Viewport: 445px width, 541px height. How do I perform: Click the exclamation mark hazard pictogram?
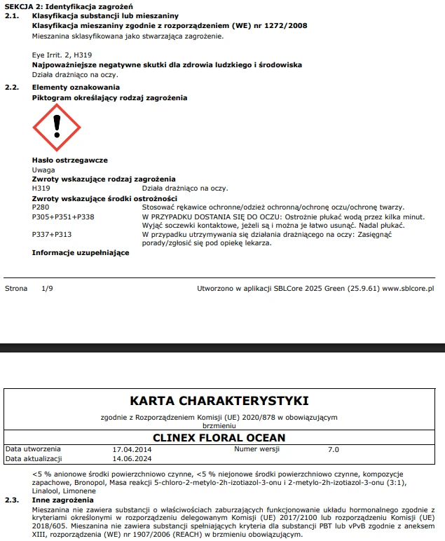57,128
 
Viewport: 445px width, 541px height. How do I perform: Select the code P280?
41,207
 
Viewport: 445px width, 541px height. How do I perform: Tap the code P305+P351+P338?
63,217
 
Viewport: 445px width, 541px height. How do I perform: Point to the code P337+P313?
52,235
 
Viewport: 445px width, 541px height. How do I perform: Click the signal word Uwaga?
43,170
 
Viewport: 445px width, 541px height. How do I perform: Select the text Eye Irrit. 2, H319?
62,54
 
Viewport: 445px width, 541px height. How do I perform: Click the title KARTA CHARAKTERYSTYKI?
219,401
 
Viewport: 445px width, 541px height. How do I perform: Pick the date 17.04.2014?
132,448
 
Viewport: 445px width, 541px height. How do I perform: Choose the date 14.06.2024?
132,459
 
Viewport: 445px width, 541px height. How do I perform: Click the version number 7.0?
334,448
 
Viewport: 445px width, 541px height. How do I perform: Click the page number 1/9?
47,288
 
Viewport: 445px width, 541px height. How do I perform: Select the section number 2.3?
12,501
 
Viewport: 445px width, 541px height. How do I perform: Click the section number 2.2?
12,87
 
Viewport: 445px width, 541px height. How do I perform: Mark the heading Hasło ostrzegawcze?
69,160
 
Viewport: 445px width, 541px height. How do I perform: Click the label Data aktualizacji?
34,459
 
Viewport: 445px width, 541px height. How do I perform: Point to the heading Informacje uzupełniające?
81,252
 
